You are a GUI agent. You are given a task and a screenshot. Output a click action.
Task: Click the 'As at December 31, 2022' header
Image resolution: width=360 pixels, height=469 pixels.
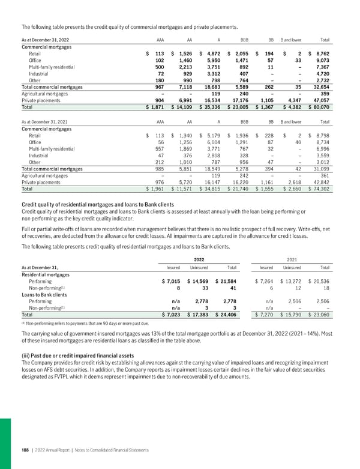45,40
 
